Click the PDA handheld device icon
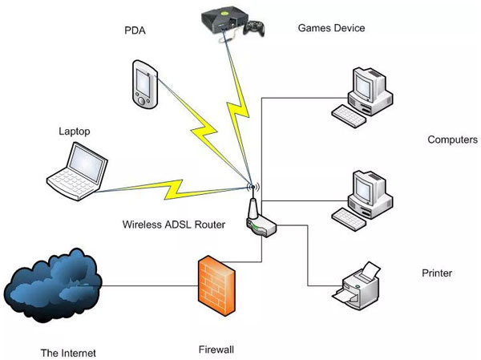[x=145, y=84]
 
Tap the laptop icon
[x=77, y=172]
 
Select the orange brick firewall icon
[x=216, y=285]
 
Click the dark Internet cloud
[x=53, y=285]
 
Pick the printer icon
[x=357, y=285]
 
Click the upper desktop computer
[x=362, y=97]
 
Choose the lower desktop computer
[x=362, y=200]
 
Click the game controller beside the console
[x=254, y=28]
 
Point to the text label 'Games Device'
[x=331, y=28]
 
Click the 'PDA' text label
[x=135, y=30]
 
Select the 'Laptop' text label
[x=75, y=131]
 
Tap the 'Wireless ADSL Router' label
[x=174, y=224]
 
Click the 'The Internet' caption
[x=68, y=353]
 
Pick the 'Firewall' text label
[x=216, y=350]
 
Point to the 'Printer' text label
[x=437, y=273]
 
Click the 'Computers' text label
[x=453, y=140]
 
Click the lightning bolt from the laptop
[x=174, y=189]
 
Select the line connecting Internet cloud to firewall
[x=151, y=286]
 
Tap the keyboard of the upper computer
[x=349, y=116]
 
